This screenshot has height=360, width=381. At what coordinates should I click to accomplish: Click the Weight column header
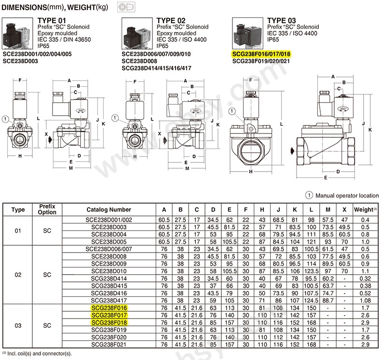click(x=364, y=210)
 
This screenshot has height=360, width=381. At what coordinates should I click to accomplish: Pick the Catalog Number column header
click(x=109, y=210)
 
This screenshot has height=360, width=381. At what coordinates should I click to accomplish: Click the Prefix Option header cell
click(x=47, y=210)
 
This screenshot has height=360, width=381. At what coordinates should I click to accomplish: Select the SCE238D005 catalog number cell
click(x=109, y=241)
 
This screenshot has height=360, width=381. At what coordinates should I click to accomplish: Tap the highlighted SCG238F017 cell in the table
click(x=109, y=314)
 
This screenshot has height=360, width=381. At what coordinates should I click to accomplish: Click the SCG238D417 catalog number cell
click(x=109, y=300)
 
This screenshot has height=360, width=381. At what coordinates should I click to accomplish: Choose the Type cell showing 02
click(x=18, y=274)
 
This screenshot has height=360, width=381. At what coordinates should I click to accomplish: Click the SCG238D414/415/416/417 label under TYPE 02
click(x=157, y=68)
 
